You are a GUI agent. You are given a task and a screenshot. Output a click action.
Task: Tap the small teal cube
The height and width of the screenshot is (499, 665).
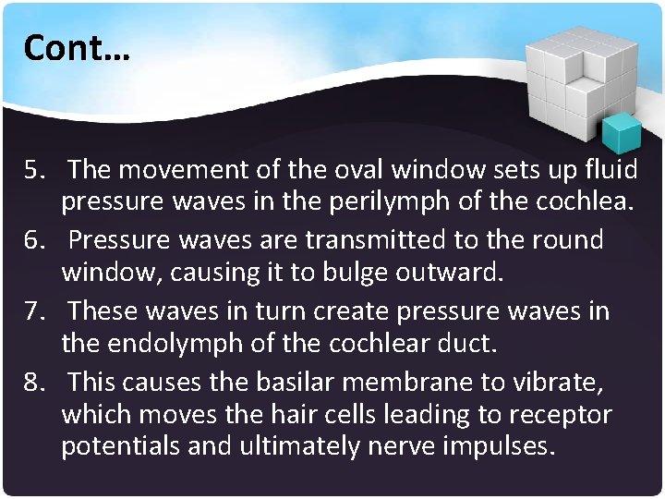621,133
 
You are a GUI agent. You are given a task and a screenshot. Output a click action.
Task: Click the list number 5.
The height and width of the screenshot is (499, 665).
36,170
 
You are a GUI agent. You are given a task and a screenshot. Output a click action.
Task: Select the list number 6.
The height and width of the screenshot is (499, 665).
36,240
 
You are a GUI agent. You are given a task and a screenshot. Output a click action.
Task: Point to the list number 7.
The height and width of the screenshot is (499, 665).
36,310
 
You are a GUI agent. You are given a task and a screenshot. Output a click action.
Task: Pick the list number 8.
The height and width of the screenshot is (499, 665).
36,381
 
